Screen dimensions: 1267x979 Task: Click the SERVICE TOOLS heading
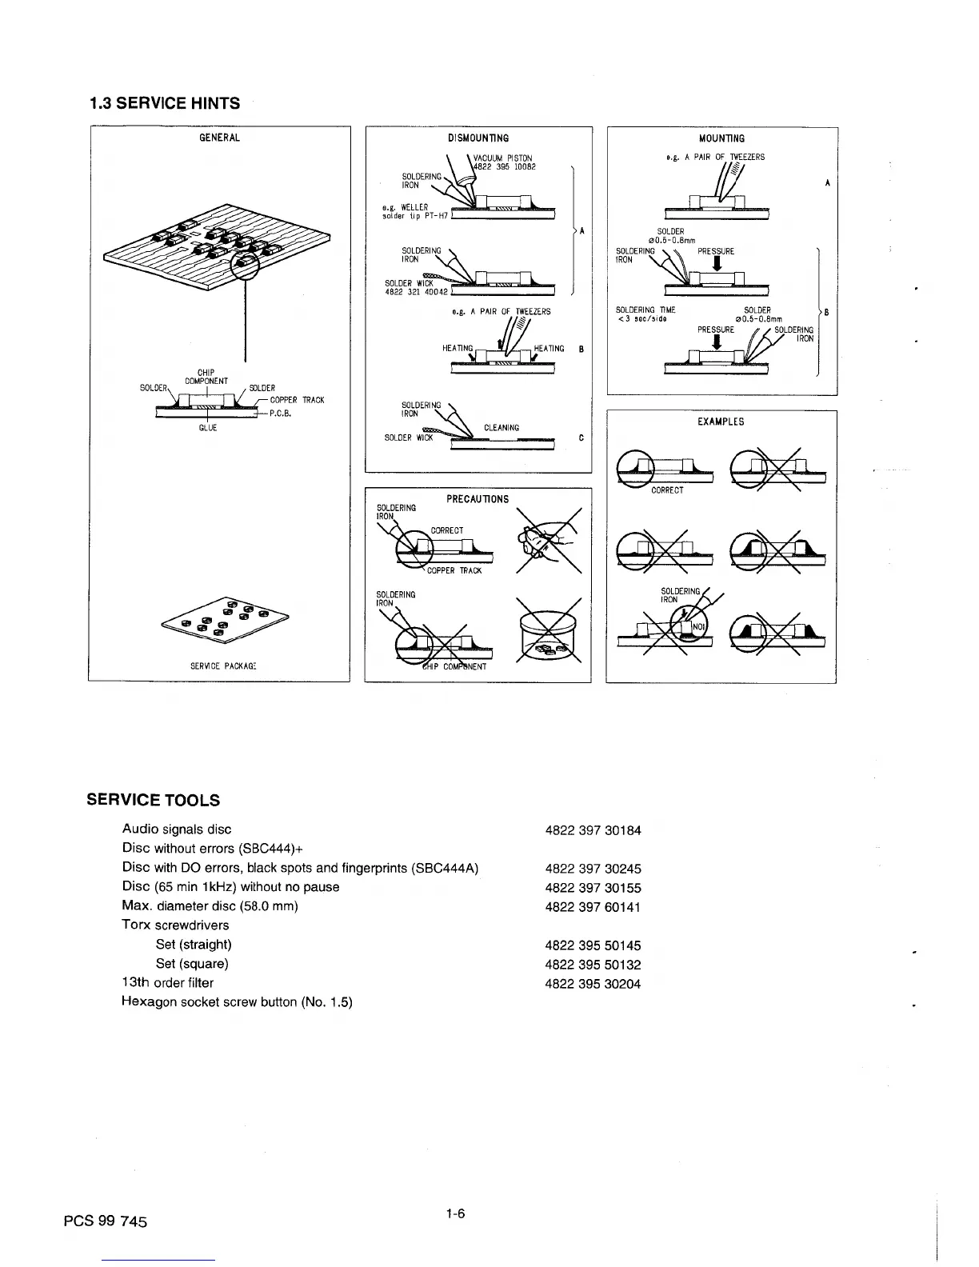pyautogui.click(x=153, y=800)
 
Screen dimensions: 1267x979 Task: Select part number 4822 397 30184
pyautogui.click(x=593, y=830)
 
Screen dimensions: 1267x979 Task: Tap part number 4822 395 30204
pyautogui.click(x=593, y=984)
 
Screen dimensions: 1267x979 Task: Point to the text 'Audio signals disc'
pyautogui.click(x=177, y=829)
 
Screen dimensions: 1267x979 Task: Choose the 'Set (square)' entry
pyautogui.click(x=192, y=964)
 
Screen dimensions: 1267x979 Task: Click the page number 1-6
pyautogui.click(x=456, y=1214)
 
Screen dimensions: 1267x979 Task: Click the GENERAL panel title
pyautogui.click(x=219, y=138)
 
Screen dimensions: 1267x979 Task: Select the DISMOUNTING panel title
pyautogui.click(x=478, y=138)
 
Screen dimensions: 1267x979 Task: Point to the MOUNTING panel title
pyautogui.click(x=721, y=138)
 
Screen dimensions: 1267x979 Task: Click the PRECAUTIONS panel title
pyautogui.click(x=478, y=499)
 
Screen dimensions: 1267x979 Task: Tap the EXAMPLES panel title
pyautogui.click(x=721, y=422)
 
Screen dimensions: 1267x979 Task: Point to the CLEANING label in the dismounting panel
pyautogui.click(x=501, y=428)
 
